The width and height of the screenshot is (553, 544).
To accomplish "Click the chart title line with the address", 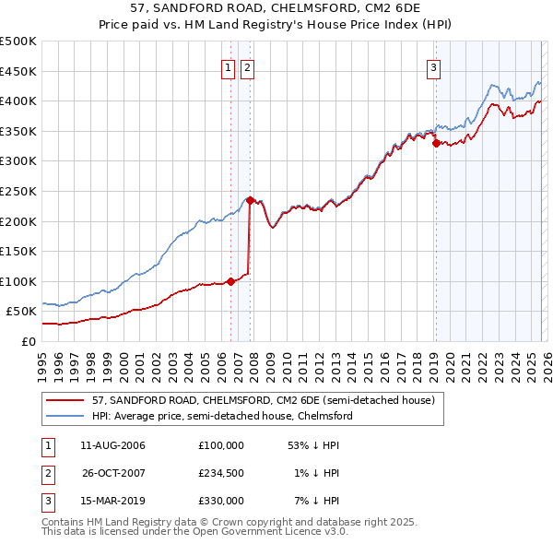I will point(276,10).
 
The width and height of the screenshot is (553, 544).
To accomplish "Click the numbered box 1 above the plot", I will point(228,66).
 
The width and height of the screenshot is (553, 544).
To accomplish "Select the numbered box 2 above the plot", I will point(248,66).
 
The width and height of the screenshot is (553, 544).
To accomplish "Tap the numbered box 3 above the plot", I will point(433,66).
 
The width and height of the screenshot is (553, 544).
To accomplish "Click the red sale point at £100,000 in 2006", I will point(230,282).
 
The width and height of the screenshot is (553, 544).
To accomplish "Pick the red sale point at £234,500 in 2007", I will point(250,200).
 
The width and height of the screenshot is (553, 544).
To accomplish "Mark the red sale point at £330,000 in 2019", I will point(436,143).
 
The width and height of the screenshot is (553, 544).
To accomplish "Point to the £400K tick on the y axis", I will point(18,101).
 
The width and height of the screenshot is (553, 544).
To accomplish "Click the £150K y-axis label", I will point(18,251).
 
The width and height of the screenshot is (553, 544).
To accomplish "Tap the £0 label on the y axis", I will point(28,341).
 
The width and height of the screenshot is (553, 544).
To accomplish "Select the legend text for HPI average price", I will point(222,416).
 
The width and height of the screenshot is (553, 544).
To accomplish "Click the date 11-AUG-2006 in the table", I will point(112,445).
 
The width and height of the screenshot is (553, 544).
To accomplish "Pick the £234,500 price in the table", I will point(220,473).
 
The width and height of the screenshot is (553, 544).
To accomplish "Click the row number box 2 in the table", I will point(46,473).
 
